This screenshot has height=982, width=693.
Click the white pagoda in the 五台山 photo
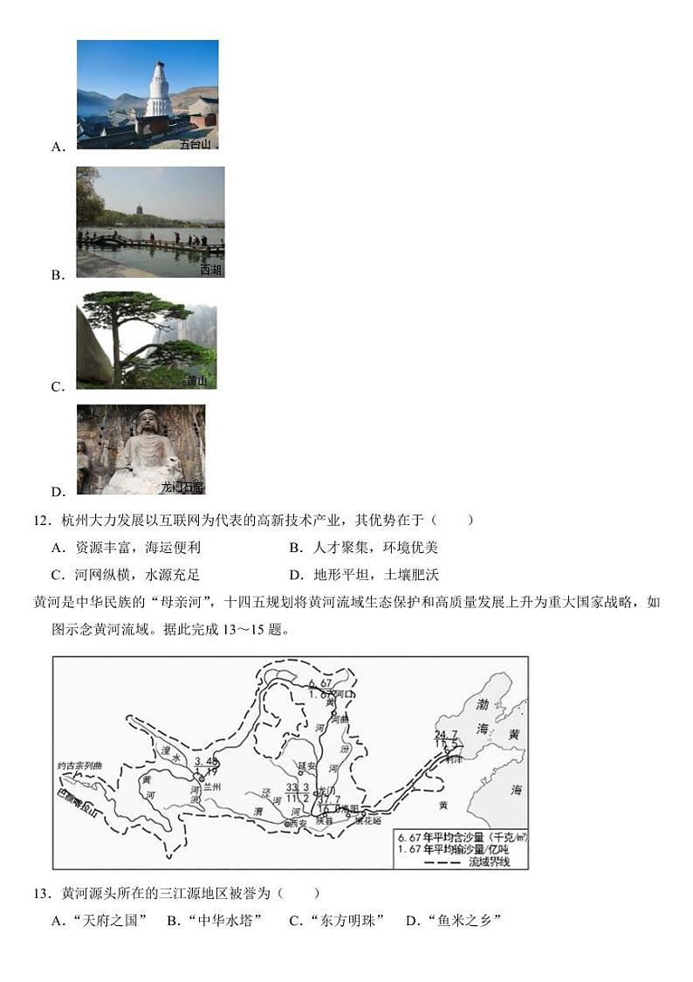(x=158, y=89)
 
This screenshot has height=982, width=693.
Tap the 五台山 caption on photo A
(x=197, y=144)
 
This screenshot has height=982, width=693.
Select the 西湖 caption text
(x=210, y=271)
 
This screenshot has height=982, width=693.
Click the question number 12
(x=42, y=521)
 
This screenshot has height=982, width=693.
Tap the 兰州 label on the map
(x=211, y=787)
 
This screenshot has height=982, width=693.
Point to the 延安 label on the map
(x=305, y=765)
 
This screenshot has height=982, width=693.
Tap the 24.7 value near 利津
(x=446, y=735)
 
